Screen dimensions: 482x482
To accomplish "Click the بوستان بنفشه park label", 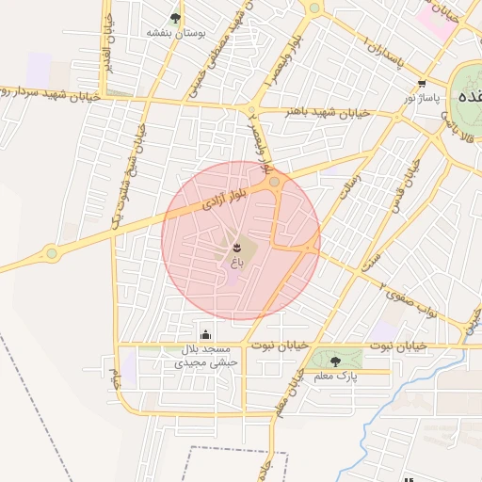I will [x=176, y=32].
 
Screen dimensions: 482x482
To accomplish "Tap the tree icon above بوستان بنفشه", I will [x=176, y=17].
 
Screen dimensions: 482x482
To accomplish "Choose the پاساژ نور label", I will [x=423, y=97].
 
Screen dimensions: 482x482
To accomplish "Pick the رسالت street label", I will [x=345, y=175].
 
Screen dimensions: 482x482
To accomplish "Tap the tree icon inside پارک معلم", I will [x=336, y=359].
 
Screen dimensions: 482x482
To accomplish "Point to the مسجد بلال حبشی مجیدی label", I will [x=207, y=356].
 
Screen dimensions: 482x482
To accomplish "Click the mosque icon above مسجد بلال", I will [x=206, y=334].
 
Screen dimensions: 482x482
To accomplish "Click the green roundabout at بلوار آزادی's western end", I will [x=52, y=252].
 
